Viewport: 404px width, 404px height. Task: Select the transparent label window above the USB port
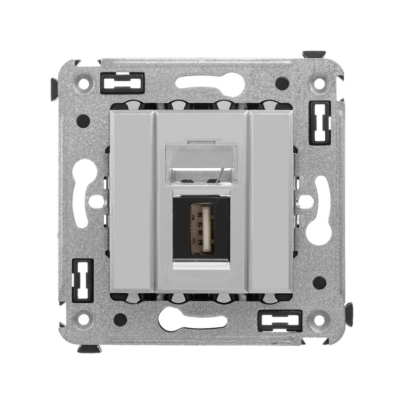click(202, 164)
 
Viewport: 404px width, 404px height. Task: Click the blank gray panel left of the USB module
click(132, 201)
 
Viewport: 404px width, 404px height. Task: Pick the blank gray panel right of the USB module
click(271, 201)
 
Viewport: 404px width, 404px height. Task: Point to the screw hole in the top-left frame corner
click(84, 82)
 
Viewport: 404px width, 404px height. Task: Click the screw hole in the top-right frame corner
click(319, 83)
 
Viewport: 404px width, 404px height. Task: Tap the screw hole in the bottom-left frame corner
click(84, 319)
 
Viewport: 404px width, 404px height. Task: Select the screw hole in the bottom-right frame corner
click(319, 319)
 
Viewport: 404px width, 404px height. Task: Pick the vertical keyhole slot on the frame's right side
click(322, 210)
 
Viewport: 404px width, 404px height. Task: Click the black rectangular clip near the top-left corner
click(122, 82)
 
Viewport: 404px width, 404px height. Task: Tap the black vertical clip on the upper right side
click(320, 122)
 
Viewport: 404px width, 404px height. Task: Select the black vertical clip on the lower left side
click(83, 280)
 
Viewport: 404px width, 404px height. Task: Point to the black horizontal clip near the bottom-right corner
click(279, 321)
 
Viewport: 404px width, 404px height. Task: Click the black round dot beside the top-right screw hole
click(282, 83)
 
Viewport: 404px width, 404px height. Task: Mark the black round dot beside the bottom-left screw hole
click(120, 319)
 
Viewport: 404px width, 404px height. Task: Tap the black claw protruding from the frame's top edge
click(314, 54)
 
